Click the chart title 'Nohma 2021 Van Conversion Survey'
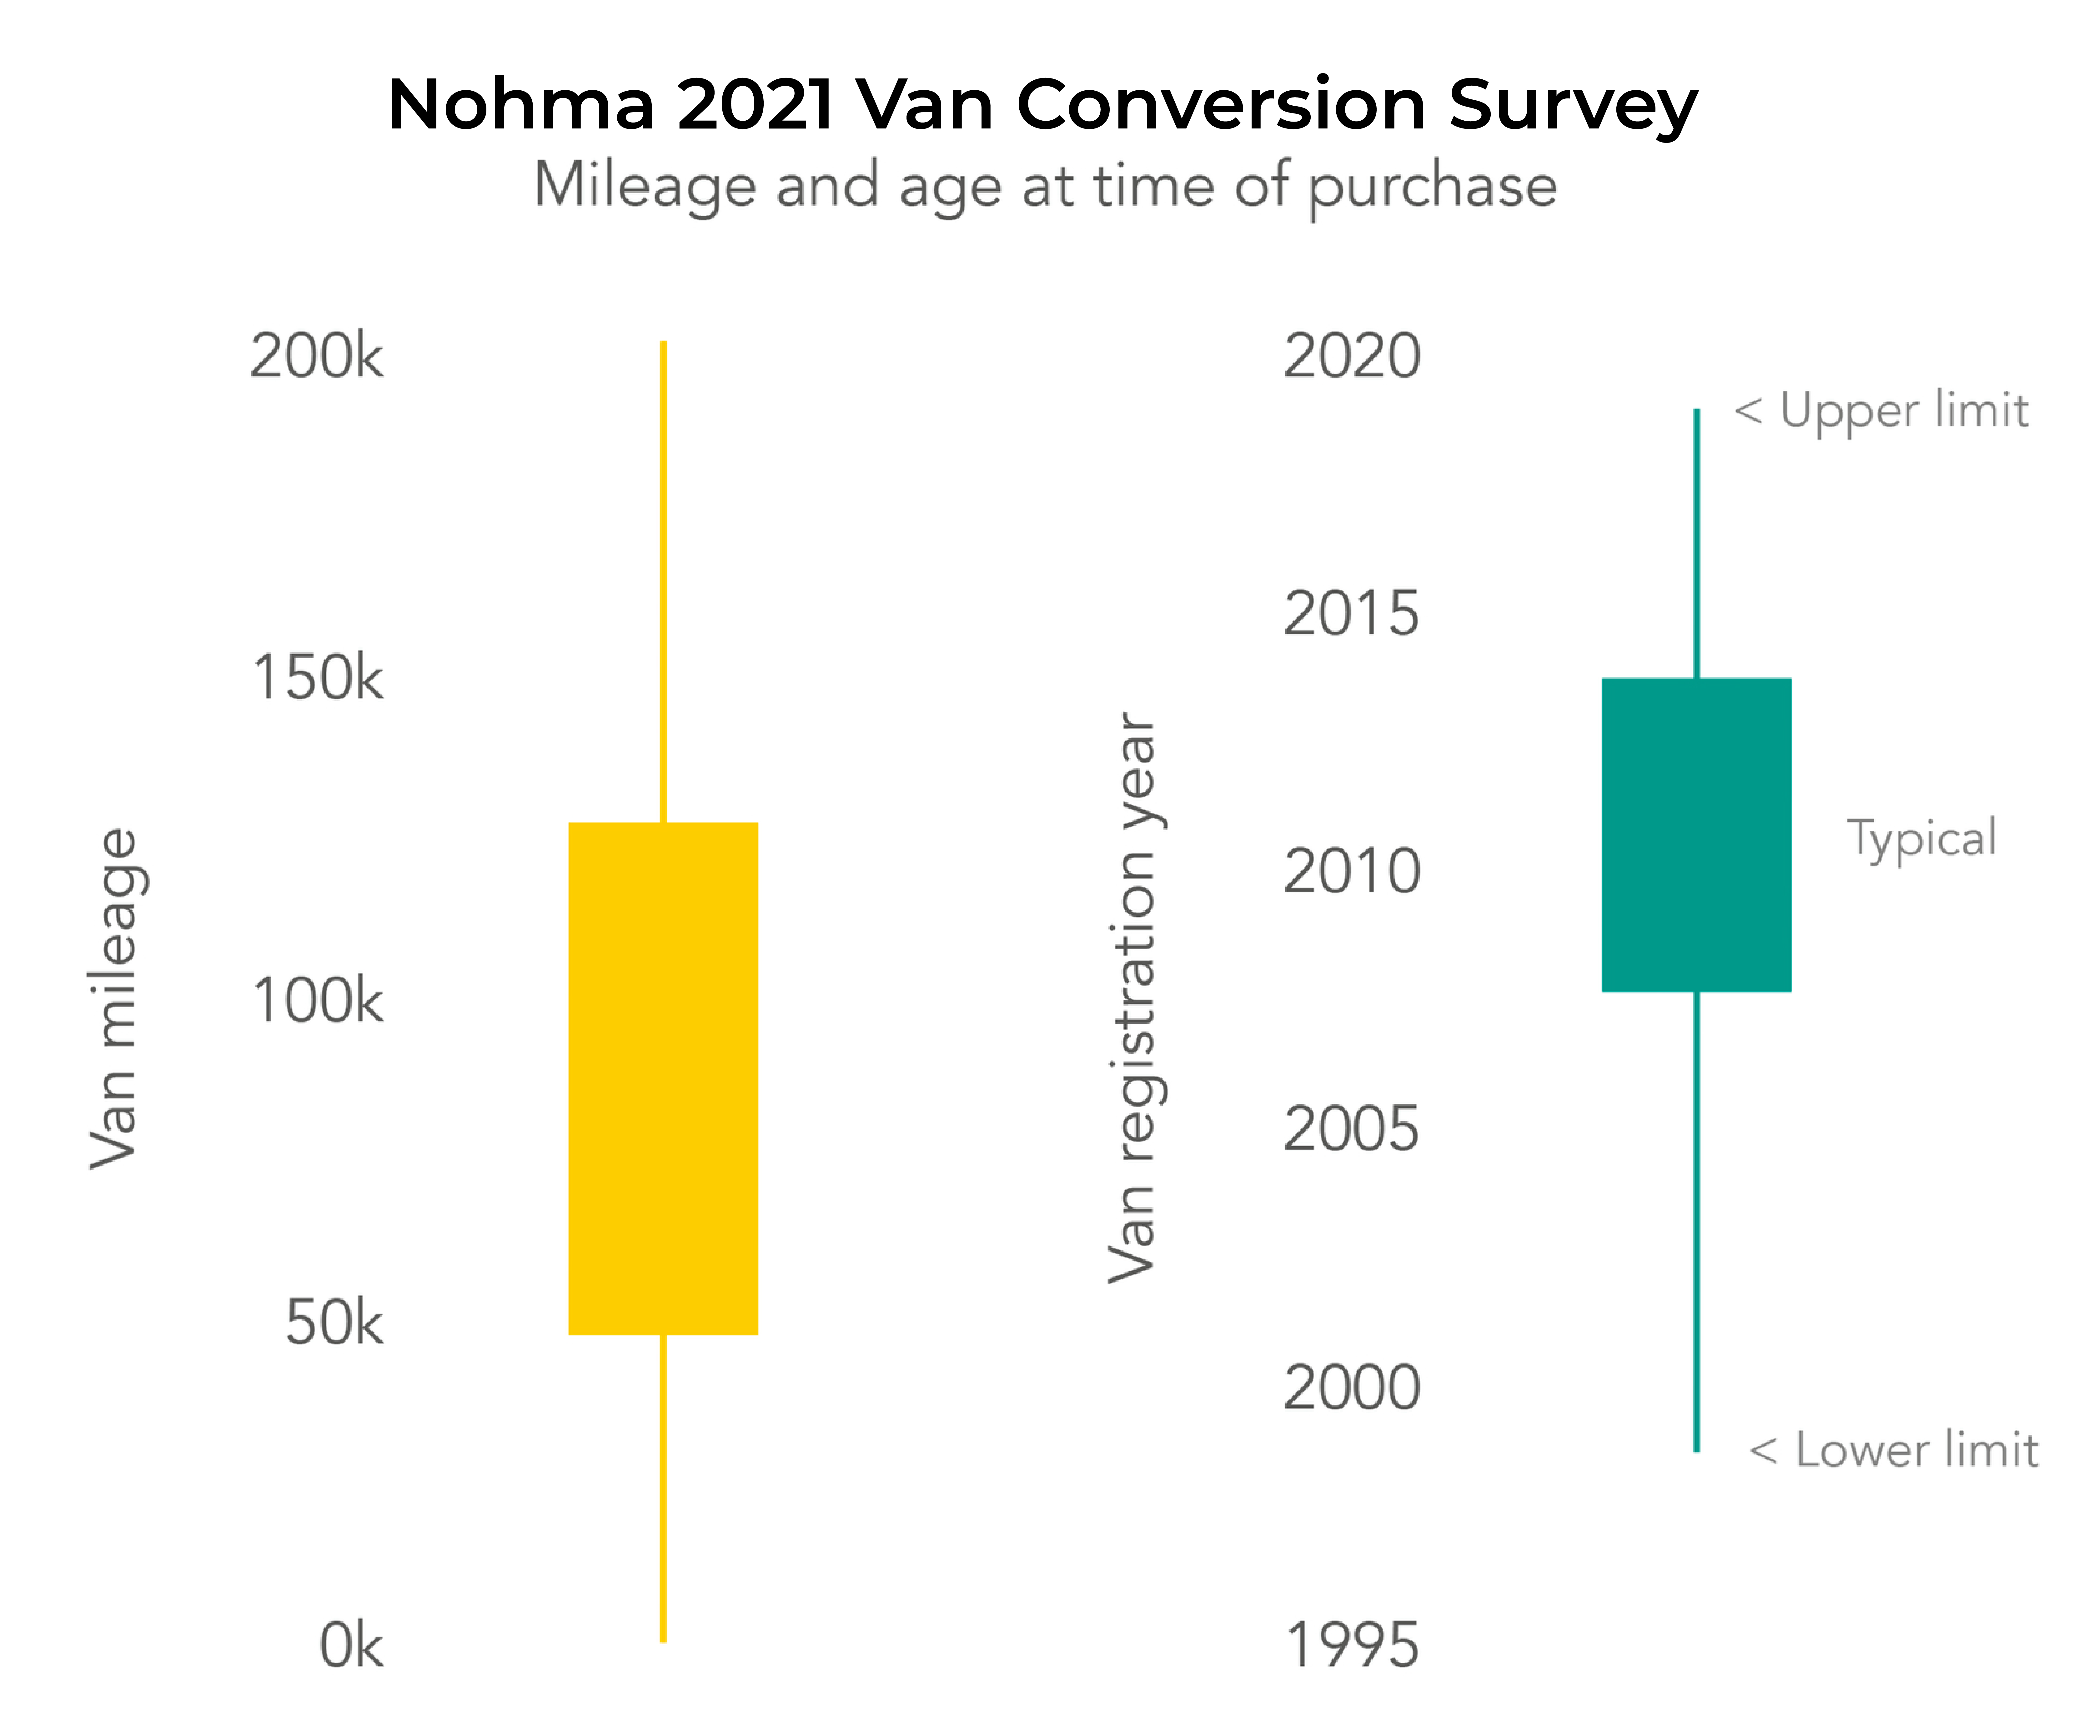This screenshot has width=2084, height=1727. (x=1042, y=104)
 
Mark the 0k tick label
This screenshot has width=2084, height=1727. (x=350, y=1646)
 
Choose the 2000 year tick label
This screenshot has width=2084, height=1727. (x=1352, y=1388)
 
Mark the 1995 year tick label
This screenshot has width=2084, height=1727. (x=1352, y=1646)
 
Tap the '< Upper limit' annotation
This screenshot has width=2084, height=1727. (x=1881, y=411)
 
